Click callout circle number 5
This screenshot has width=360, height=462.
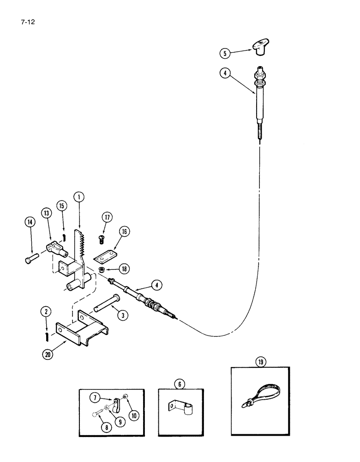tap(225, 53)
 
